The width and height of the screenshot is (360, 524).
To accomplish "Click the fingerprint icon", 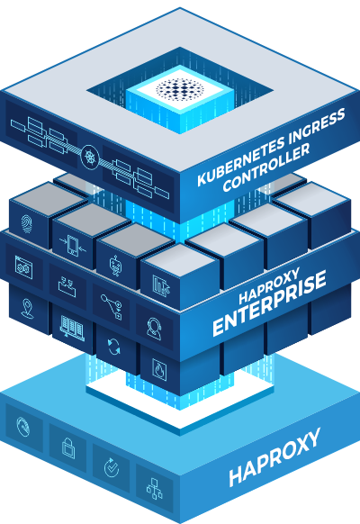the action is (27, 224).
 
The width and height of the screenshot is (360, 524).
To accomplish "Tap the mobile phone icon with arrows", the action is (73, 246).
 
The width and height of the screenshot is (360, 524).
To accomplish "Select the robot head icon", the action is (115, 266).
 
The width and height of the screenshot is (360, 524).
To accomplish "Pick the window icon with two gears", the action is (23, 267).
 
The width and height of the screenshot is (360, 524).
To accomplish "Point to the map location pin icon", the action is (27, 308).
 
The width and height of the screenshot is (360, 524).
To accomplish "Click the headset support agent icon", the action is (154, 329).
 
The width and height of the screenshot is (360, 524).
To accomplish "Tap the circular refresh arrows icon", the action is (114, 346).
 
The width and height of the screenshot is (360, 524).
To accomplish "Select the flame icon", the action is (159, 369).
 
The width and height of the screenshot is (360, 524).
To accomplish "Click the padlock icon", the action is (68, 447).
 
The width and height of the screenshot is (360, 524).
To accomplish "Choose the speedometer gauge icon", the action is (23, 427).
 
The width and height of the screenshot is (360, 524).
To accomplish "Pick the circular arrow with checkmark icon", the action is (112, 467).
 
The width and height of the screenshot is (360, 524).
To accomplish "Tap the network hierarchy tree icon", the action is (154, 488).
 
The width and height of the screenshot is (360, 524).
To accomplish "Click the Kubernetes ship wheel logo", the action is (89, 156).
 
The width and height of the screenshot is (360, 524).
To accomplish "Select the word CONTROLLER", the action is (266, 167).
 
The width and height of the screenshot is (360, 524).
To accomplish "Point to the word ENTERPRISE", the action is (269, 303).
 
